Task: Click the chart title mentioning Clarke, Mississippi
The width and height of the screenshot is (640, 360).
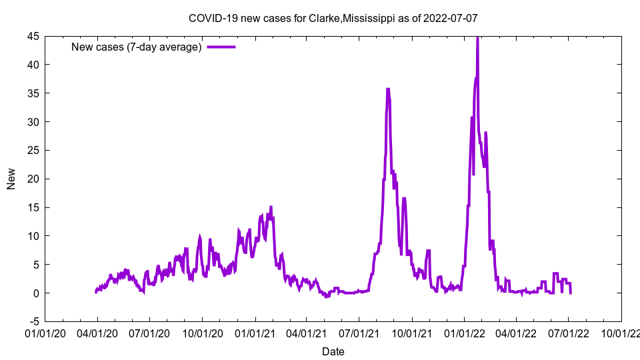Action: coord(333,18)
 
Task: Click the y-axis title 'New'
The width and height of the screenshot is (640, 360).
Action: coord(11,179)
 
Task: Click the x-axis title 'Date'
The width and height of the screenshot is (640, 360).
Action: coord(333,351)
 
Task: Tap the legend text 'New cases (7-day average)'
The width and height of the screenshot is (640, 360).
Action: coord(137,47)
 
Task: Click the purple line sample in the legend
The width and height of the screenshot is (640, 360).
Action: coord(221,47)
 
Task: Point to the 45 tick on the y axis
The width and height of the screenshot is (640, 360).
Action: coord(33,36)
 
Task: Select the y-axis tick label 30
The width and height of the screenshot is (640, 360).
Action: coord(33,122)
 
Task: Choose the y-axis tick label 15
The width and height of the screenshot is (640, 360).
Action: coord(33,207)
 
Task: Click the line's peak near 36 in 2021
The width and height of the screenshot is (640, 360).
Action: coord(388,89)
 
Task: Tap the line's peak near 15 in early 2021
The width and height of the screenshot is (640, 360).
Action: coord(271,207)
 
